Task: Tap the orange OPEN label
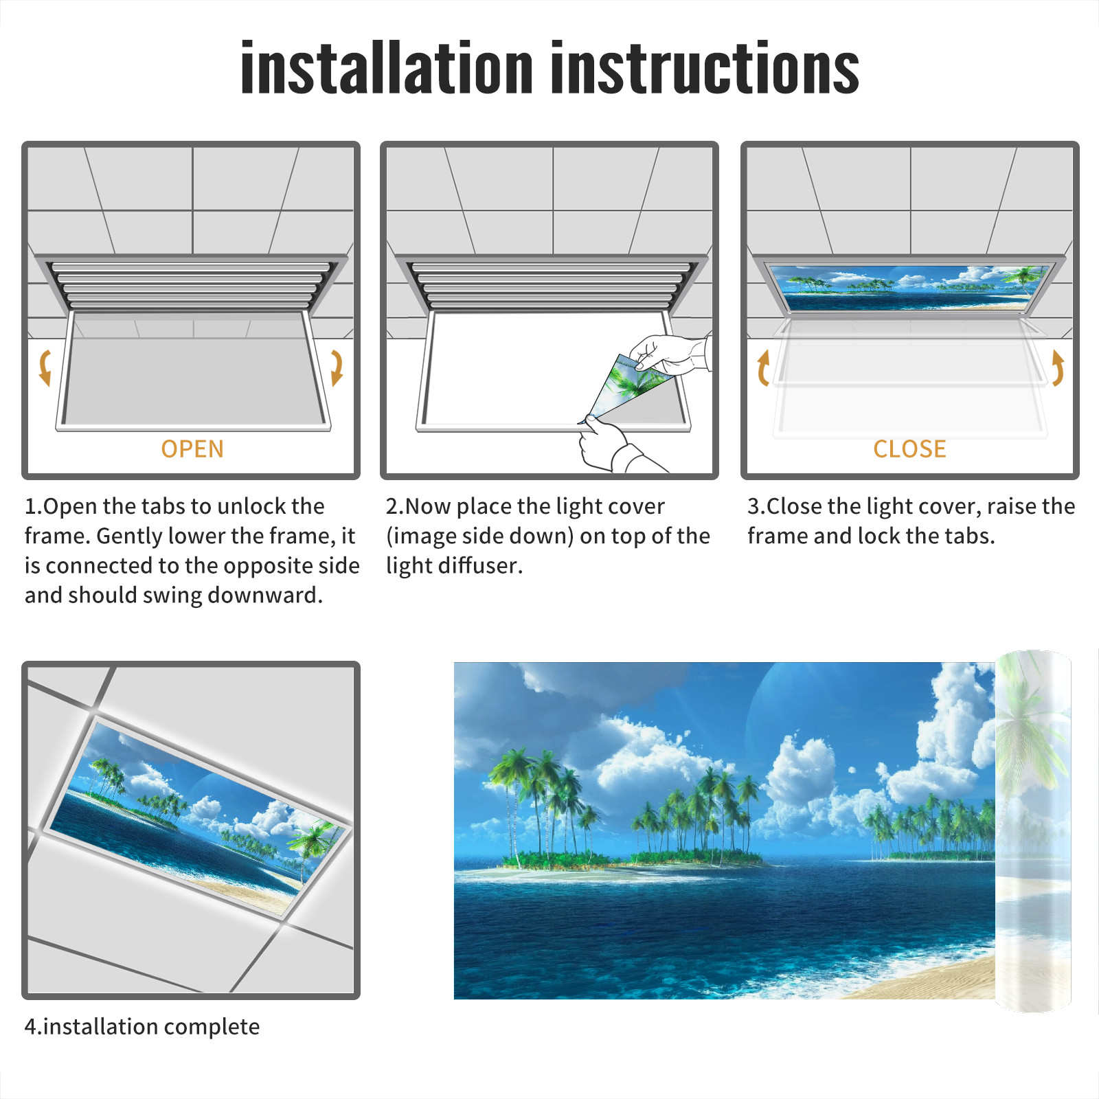tap(192, 449)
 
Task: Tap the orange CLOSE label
tap(909, 449)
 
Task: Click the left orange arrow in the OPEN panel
tap(45, 367)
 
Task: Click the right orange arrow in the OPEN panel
tap(337, 367)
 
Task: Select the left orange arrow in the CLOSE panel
tap(763, 367)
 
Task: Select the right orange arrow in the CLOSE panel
tap(1058, 367)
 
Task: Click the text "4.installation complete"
tap(142, 1026)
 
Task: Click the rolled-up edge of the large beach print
tap(1033, 831)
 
